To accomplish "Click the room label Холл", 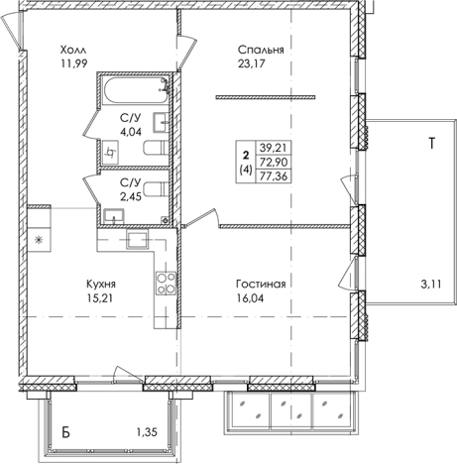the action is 73,51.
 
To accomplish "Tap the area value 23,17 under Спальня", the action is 252,63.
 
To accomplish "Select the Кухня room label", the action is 101,284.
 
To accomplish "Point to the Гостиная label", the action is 261,284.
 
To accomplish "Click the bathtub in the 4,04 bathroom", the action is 137,90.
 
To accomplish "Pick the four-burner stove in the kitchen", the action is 166,284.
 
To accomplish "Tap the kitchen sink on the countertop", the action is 138,240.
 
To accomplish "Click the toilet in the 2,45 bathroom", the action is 157,189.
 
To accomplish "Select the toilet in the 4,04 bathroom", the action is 157,148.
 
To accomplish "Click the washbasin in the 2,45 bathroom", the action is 114,216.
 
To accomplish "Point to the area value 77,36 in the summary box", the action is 274,176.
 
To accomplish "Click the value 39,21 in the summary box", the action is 274,148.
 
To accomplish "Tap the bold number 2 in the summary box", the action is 246,155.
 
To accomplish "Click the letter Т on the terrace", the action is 431,143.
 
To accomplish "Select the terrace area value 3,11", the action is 431,284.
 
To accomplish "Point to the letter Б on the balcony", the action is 66,432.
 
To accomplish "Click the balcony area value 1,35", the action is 147,431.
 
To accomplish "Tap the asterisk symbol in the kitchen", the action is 39,240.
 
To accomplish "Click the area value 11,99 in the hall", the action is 73,63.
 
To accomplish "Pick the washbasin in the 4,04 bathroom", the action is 161,122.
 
